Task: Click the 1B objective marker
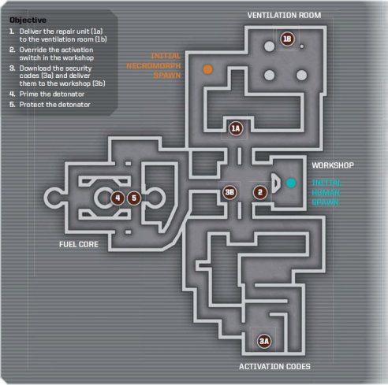(287, 39)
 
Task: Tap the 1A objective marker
(236, 128)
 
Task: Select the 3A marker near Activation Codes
(264, 341)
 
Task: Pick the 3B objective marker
(229, 192)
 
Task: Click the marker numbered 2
(260, 192)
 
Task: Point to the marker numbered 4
(118, 198)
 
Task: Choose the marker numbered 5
(134, 198)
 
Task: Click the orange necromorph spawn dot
(207, 69)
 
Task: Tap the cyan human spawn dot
(291, 183)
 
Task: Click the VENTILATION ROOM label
(284, 15)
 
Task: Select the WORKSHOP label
(333, 165)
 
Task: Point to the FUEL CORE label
(79, 245)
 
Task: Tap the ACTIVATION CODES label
(274, 366)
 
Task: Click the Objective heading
(28, 20)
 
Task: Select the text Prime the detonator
(52, 94)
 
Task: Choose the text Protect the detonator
(54, 105)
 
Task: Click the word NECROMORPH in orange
(154, 65)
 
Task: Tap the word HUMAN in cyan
(326, 193)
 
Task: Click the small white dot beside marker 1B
(302, 46)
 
